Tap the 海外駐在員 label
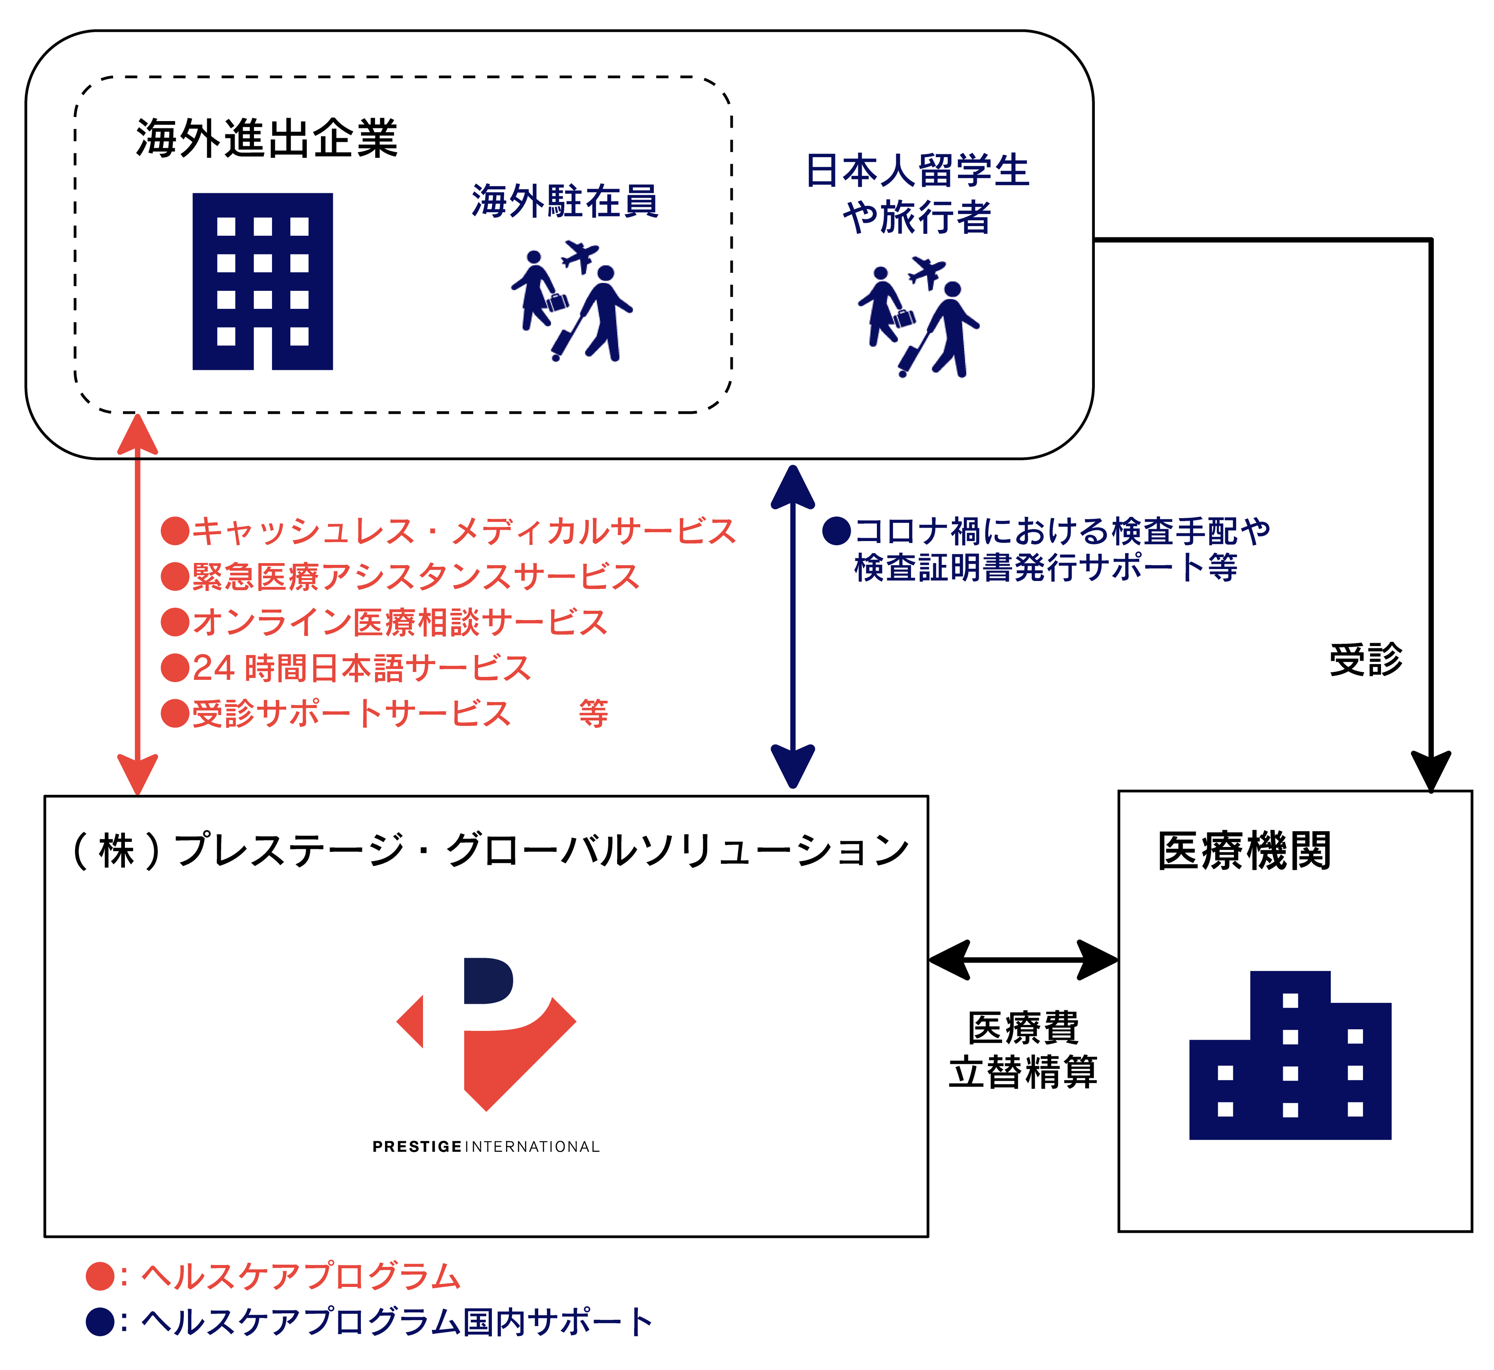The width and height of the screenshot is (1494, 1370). [x=565, y=202]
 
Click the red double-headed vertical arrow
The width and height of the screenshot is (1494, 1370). [x=138, y=604]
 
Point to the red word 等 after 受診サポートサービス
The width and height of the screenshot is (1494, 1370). [x=593, y=714]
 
